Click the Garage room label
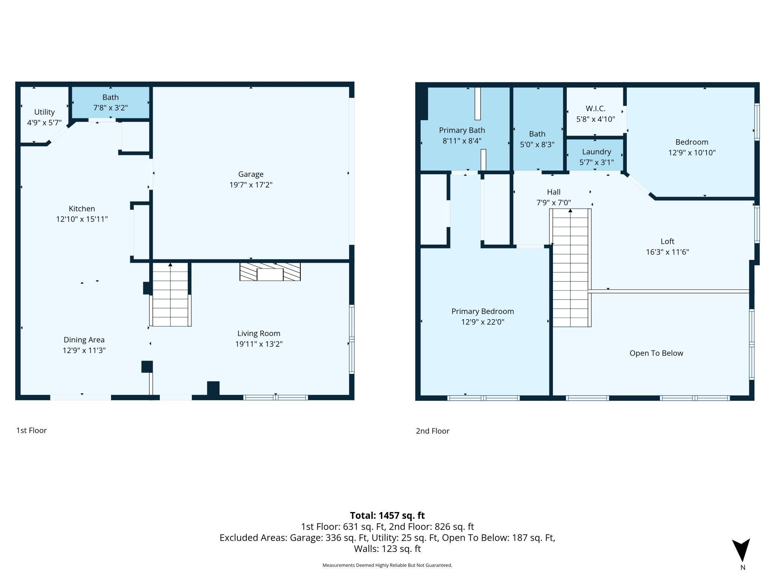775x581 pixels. [x=251, y=174]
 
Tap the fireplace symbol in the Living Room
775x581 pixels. [x=270, y=272]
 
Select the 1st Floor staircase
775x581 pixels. [x=170, y=294]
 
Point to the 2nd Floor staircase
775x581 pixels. [x=570, y=268]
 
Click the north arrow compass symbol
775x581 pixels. [x=741, y=550]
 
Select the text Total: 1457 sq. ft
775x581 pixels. [x=387, y=515]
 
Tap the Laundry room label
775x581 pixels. [x=597, y=152]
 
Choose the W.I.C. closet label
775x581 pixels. [x=595, y=108]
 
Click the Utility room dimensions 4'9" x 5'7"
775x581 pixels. [x=44, y=123]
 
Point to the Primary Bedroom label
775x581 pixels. [x=483, y=311]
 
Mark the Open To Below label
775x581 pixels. [x=656, y=353]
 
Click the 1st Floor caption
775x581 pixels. [x=31, y=430]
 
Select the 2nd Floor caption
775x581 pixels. [x=433, y=431]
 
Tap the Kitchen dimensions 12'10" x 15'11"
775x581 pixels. [x=82, y=219]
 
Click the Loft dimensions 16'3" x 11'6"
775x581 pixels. [x=667, y=252]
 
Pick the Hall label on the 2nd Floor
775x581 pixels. [x=554, y=192]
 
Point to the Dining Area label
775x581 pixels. [x=84, y=340]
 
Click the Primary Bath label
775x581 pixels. [x=462, y=130]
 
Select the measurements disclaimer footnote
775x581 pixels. [x=387, y=565]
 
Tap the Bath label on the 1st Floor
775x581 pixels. [x=111, y=97]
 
